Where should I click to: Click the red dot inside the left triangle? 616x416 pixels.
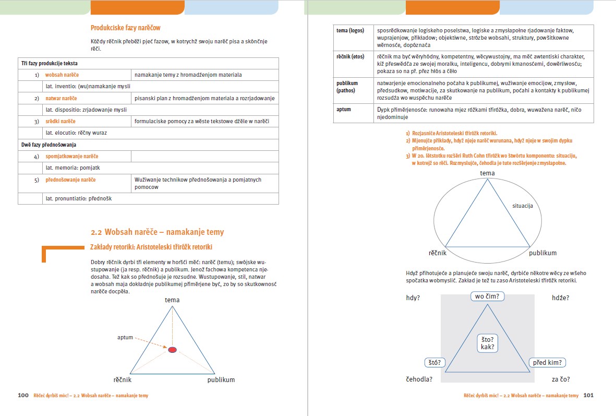point(172,349)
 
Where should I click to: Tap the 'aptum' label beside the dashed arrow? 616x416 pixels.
point(125,338)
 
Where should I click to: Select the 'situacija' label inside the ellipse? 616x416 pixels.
point(522,206)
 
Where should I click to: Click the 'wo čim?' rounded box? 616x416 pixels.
point(487,296)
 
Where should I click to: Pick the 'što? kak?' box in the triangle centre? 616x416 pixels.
point(487,343)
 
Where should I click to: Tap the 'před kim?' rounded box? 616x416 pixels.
point(548,363)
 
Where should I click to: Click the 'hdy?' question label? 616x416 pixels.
point(413,298)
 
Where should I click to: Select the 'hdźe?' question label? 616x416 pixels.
point(560,298)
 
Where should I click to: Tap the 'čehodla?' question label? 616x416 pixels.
point(419,379)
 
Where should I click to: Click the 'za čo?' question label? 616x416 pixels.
point(561,379)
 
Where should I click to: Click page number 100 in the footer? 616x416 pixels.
point(23,396)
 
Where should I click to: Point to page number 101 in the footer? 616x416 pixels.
point(588,396)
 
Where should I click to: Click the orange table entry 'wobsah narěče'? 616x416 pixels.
point(62,75)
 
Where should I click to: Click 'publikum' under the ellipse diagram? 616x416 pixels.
point(542,253)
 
